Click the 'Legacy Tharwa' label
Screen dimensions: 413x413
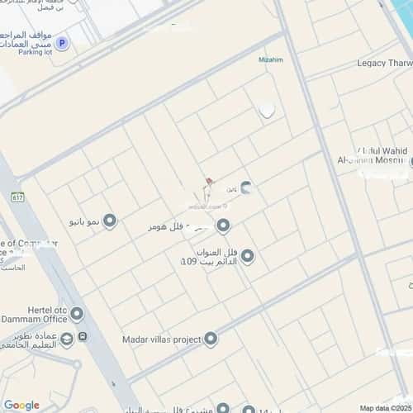coord(384,64)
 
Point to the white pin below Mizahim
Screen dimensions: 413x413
coord(267,110)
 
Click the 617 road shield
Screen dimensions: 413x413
coord(18,197)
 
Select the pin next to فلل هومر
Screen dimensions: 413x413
coord(223,225)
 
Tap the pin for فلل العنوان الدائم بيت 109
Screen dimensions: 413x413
coord(247,257)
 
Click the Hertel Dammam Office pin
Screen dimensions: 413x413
coord(77,313)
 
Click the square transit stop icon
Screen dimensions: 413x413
coord(83,337)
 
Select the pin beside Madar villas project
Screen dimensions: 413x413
coord(211,338)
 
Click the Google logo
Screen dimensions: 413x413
coord(21,405)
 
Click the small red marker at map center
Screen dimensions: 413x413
coord(209,181)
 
